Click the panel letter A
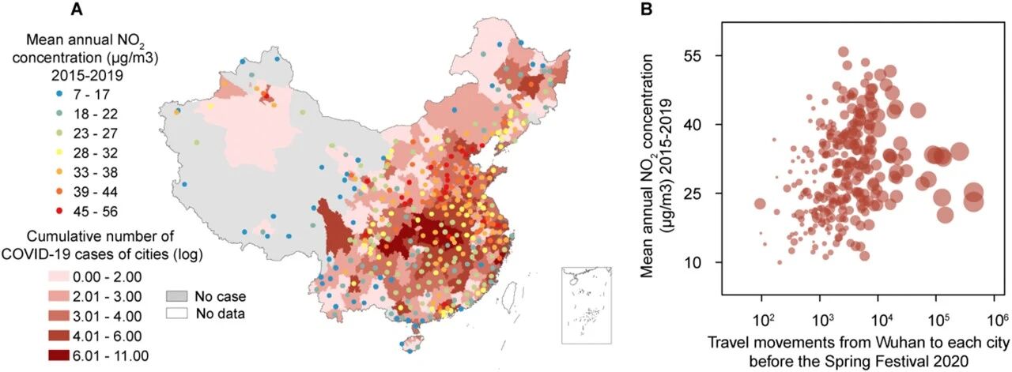coord(77,9)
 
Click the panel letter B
coord(647,9)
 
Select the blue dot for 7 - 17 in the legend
coord(59,94)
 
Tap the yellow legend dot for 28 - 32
coord(59,153)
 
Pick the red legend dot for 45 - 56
coord(59,212)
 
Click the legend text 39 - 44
coord(96,192)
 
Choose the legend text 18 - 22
coord(96,114)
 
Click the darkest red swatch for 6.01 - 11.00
coord(59,355)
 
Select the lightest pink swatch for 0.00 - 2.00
coord(59,276)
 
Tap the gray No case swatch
coord(176,296)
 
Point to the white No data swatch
coord(176,314)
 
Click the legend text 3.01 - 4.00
coord(108,316)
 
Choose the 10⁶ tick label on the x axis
coord(995,320)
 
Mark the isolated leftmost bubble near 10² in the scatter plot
coord(761,204)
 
